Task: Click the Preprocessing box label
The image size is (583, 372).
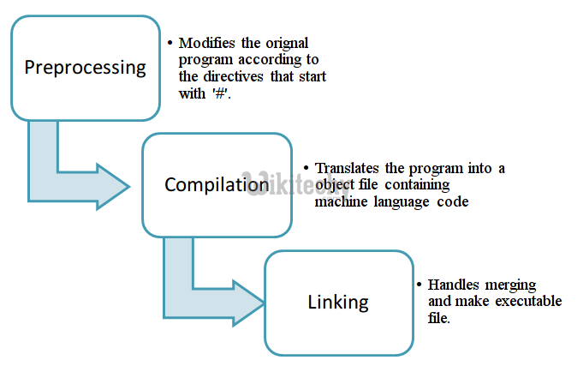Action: [85, 68]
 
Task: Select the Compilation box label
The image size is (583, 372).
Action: [217, 184]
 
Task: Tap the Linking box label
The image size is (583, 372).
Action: [338, 302]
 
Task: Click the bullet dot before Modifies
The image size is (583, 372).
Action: [171, 43]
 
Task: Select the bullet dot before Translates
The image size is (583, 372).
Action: [307, 168]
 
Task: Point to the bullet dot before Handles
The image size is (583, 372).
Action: [419, 285]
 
